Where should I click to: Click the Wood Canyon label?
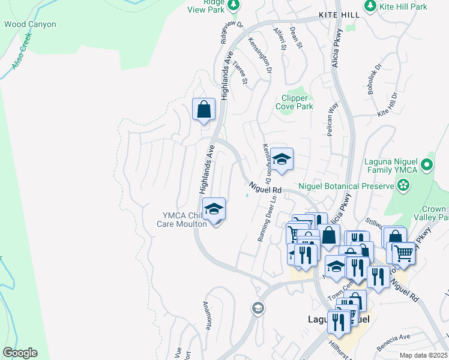[30, 25]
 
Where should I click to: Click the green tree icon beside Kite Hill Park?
[370, 6]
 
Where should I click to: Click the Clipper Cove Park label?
[294, 102]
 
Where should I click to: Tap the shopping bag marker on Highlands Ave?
[203, 110]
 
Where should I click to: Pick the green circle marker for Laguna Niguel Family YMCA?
[427, 164]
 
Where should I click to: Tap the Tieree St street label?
[241, 73]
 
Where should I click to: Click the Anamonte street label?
[208, 316]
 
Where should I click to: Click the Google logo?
[20, 353]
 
